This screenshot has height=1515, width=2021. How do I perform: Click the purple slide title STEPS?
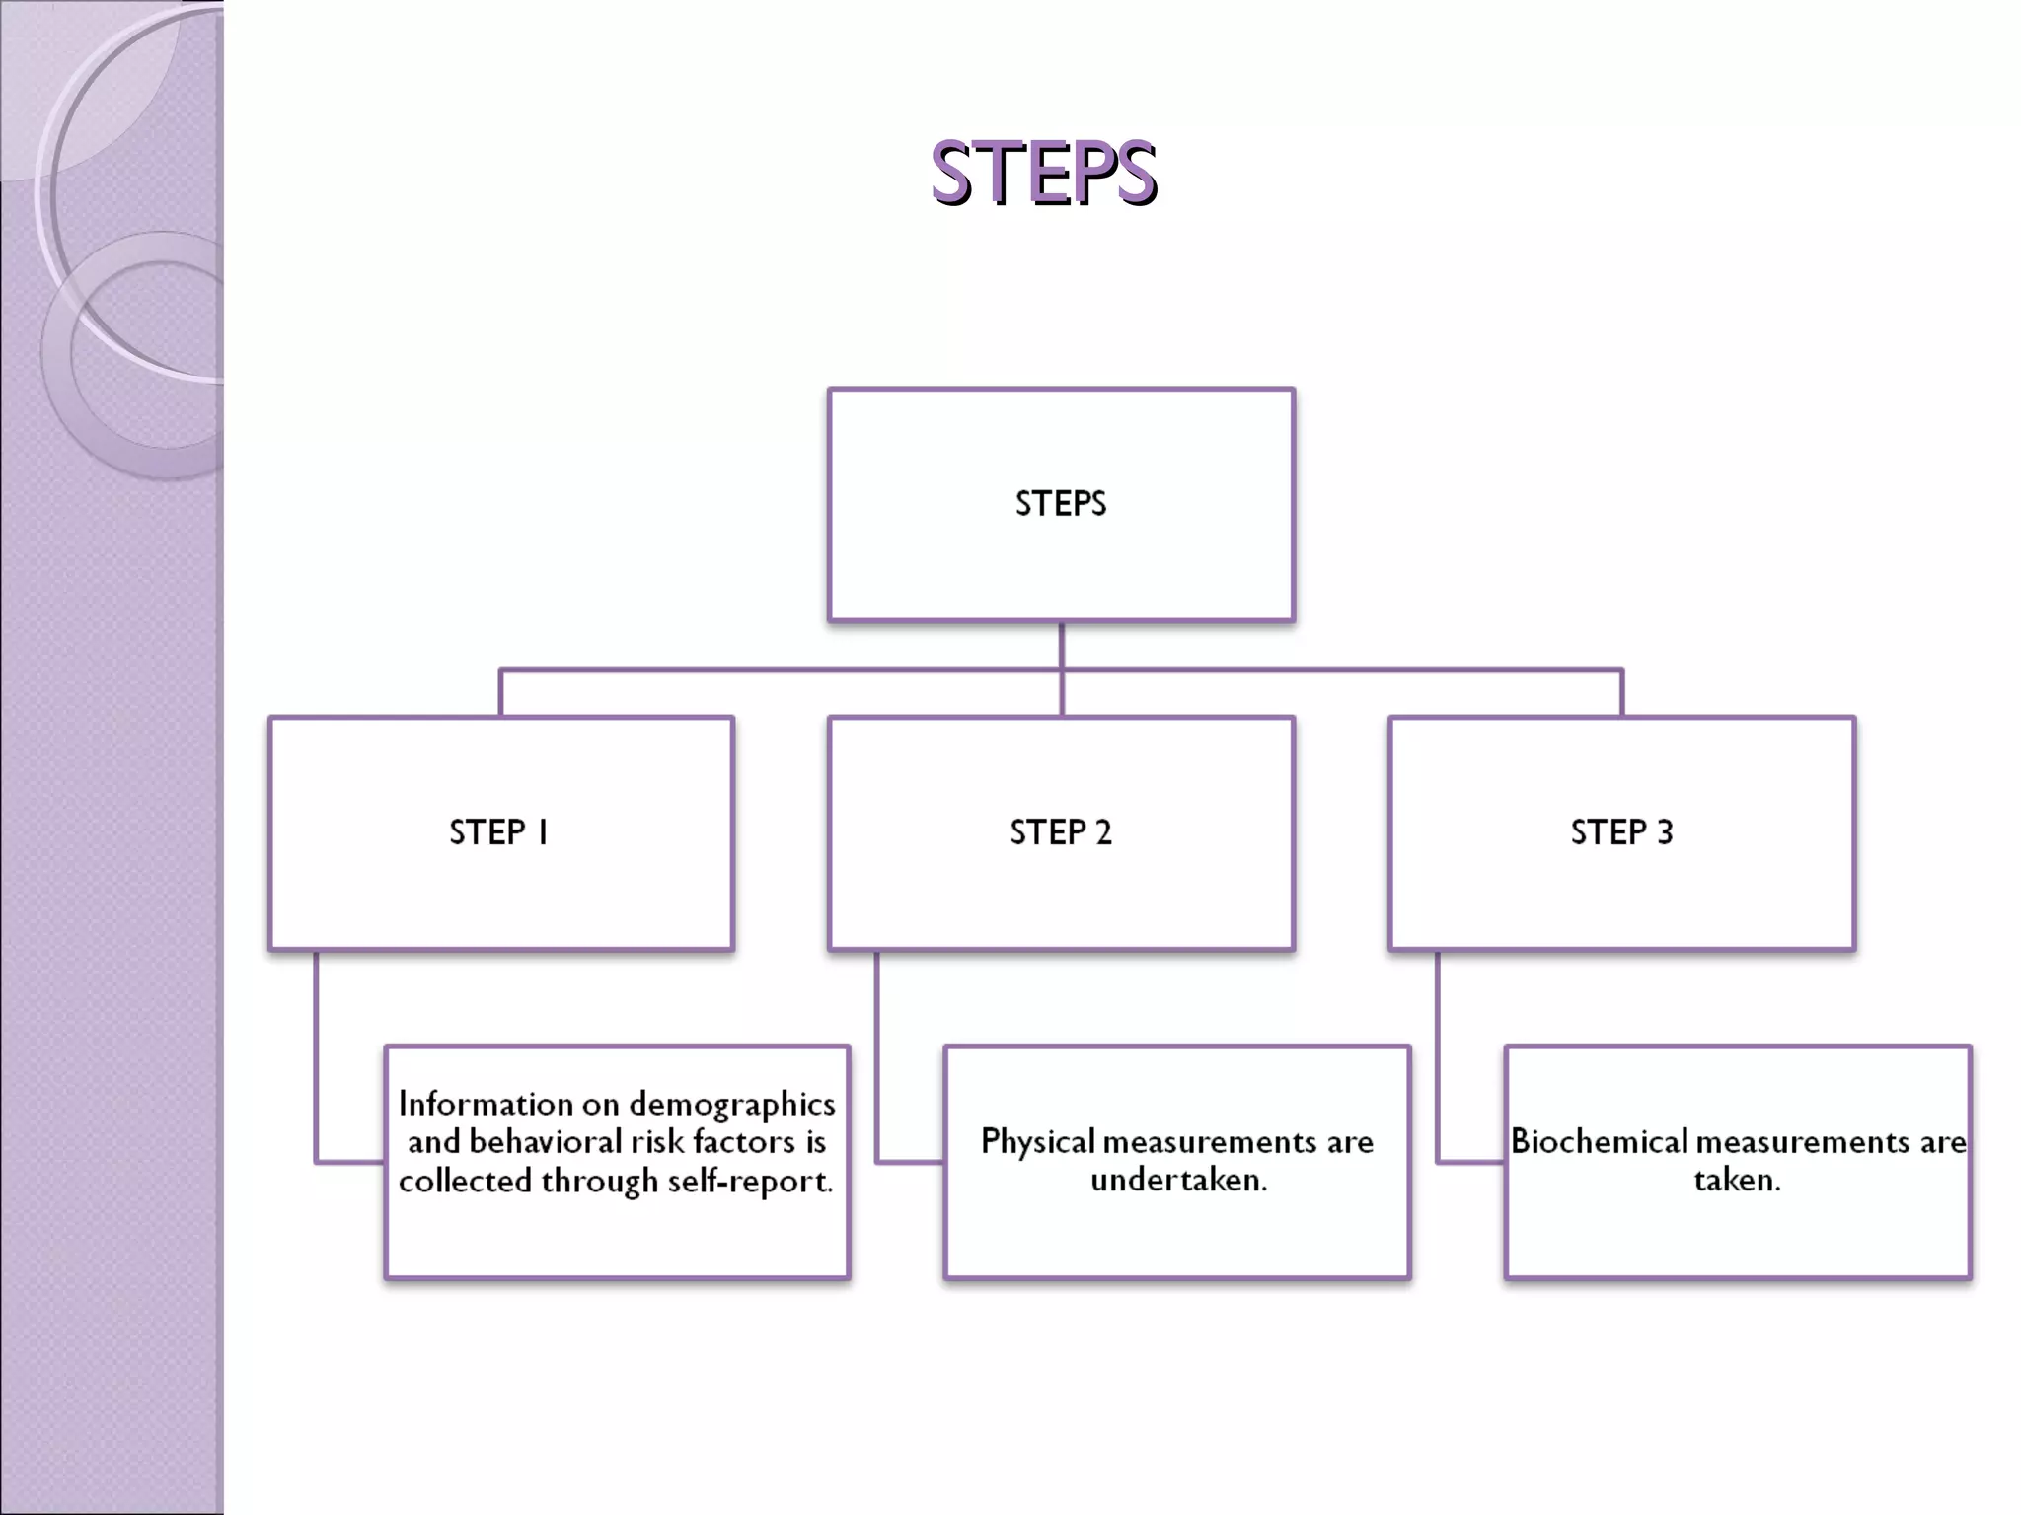pyautogui.click(x=1043, y=174)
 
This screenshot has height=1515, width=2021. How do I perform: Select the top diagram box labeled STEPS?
pyautogui.click(x=1061, y=504)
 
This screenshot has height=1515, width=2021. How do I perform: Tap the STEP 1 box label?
pyautogui.click(x=499, y=832)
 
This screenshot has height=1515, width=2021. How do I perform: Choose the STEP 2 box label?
pyautogui.click(x=1061, y=832)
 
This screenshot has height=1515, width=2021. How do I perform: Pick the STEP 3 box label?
pyautogui.click(x=1621, y=832)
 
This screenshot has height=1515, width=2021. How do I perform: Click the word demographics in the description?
pyautogui.click(x=732, y=1105)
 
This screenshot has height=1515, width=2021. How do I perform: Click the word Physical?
pyautogui.click(x=1038, y=1142)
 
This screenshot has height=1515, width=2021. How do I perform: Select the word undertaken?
pyautogui.click(x=1178, y=1180)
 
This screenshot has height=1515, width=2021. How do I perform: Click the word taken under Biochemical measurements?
pyautogui.click(x=1737, y=1180)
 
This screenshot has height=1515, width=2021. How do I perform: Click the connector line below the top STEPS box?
pyautogui.click(x=1062, y=646)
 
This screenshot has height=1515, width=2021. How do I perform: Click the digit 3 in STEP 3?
pyautogui.click(x=1665, y=832)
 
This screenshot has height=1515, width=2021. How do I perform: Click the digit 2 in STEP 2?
pyautogui.click(x=1103, y=832)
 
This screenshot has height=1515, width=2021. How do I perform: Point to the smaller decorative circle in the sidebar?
pyautogui.click(x=148, y=355)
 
